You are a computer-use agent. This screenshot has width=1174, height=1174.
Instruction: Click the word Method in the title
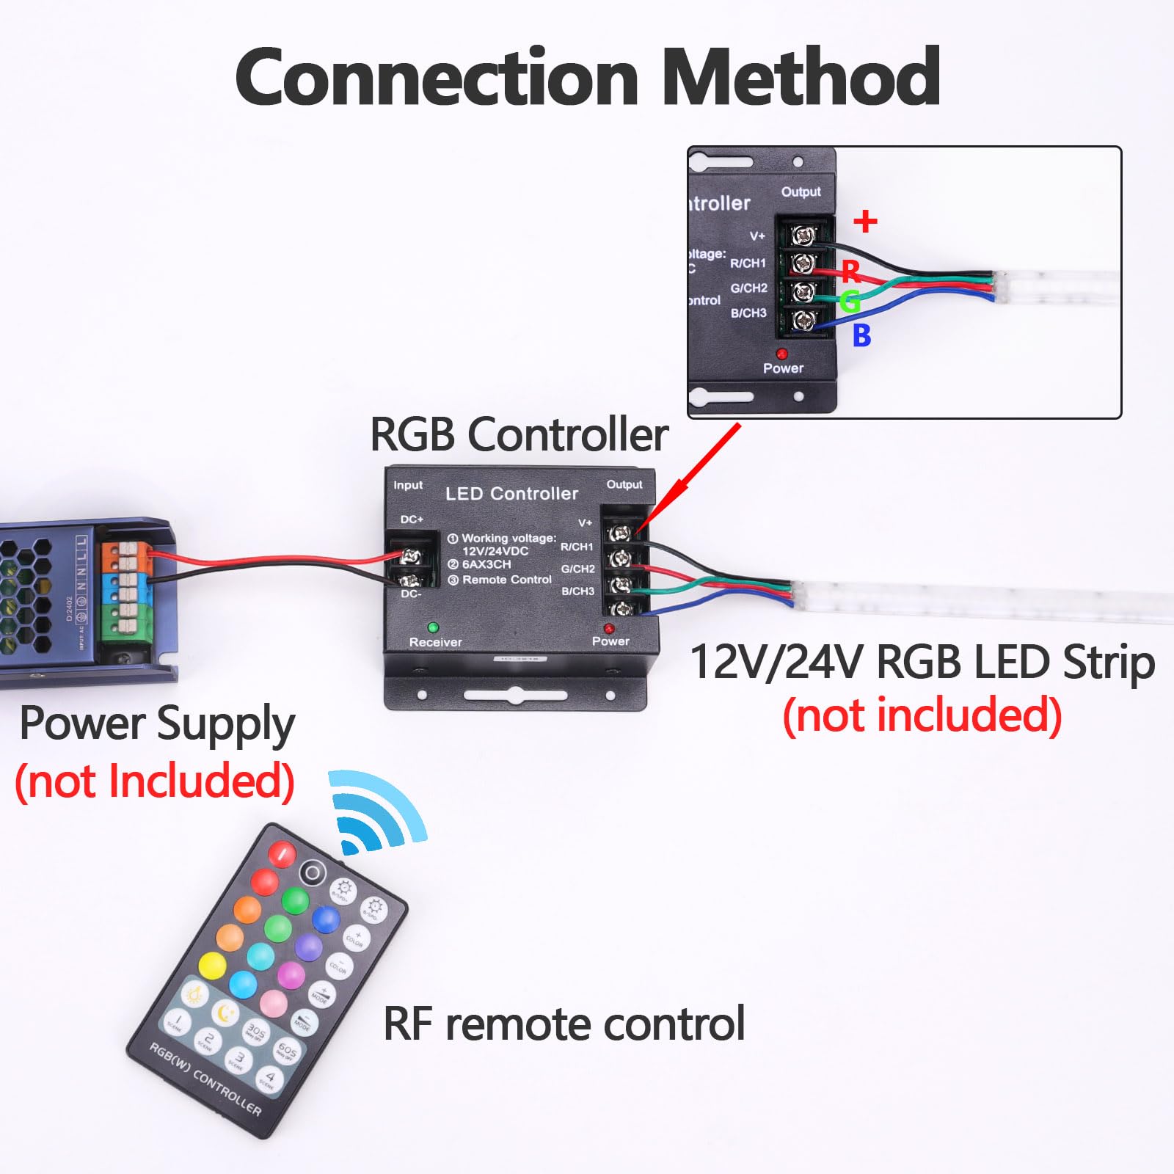tap(801, 78)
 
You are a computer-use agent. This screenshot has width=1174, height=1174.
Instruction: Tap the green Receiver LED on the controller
tap(433, 627)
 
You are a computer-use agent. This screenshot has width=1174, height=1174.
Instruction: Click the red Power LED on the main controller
tap(609, 629)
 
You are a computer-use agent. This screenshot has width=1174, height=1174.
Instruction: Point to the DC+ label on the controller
tap(412, 519)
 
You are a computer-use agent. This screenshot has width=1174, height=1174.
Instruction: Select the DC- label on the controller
tap(411, 594)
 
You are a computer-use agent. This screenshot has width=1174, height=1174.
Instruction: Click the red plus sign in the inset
tap(866, 221)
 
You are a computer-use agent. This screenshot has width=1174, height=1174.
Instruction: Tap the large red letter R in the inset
tap(851, 271)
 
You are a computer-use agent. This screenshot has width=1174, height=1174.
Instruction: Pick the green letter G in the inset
tap(850, 301)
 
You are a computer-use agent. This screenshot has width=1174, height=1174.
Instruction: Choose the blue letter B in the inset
tap(861, 335)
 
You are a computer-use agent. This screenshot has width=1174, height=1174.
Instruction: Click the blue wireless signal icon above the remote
tap(374, 811)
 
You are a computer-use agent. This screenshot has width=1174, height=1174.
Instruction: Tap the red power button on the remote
tap(282, 853)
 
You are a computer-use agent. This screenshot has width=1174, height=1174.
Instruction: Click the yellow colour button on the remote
tap(212, 966)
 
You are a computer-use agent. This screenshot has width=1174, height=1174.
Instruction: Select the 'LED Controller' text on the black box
tap(511, 494)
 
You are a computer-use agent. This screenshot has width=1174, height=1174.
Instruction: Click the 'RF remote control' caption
tap(564, 1024)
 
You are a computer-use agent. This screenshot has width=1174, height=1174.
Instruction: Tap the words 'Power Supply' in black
tap(157, 724)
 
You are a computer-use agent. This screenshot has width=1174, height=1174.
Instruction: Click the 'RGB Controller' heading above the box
tap(519, 434)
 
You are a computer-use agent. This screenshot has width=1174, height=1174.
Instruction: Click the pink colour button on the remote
tap(273, 1003)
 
